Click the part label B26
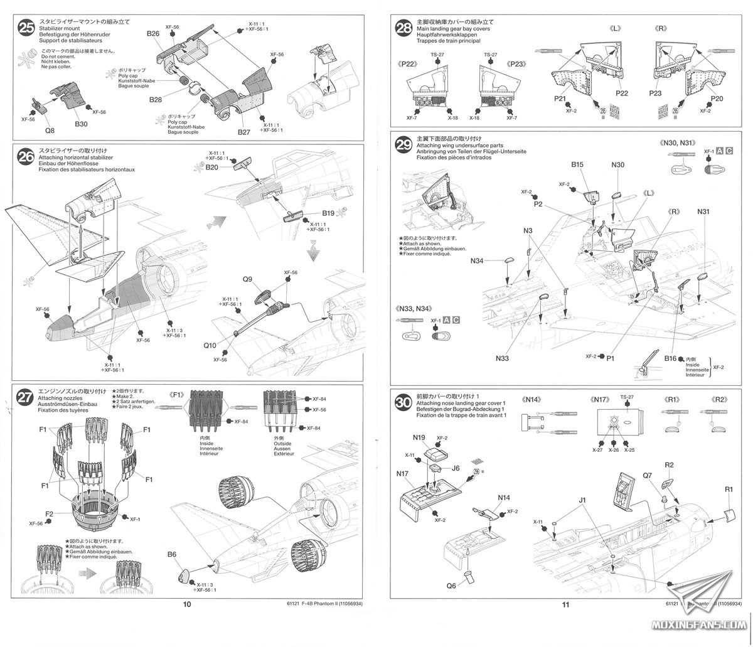[154, 33]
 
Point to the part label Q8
[50, 131]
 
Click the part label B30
[81, 124]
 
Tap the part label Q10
[210, 345]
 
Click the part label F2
[50, 513]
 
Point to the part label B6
[173, 553]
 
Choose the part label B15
[578, 164]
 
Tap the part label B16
[670, 358]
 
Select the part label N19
[420, 437]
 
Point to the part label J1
[582, 500]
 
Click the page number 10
[186, 604]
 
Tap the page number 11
[565, 604]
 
